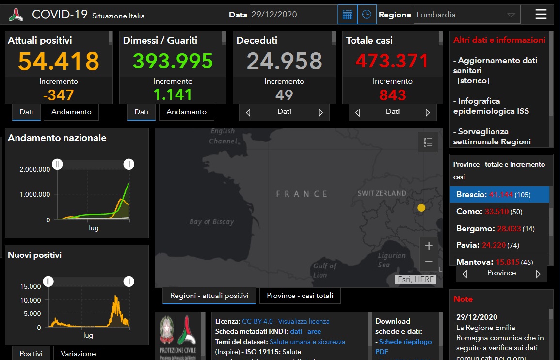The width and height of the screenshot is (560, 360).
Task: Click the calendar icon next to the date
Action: point(347,15)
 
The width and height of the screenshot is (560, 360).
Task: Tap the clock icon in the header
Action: point(367,15)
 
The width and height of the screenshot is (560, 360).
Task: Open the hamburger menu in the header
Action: point(541,15)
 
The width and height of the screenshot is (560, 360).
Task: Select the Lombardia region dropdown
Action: point(466,15)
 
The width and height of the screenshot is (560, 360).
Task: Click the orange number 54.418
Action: point(59,61)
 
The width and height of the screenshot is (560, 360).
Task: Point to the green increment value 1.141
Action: point(173,94)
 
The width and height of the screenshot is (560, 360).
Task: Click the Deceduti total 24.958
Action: point(284,61)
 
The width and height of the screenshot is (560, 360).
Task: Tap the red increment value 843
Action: point(393,94)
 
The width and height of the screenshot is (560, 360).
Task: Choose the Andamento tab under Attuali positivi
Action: point(71,112)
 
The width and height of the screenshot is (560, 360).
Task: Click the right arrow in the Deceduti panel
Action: point(320,113)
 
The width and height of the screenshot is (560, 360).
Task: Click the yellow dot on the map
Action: point(421,208)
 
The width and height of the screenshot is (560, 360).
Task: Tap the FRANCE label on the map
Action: point(302,194)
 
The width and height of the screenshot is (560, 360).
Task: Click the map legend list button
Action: point(428,142)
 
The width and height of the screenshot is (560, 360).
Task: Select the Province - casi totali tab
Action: point(300,296)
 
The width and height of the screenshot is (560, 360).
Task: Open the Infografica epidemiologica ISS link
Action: point(491,106)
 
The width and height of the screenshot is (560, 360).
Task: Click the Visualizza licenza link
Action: point(304,321)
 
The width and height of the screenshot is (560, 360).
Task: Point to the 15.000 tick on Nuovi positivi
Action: point(31,286)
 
